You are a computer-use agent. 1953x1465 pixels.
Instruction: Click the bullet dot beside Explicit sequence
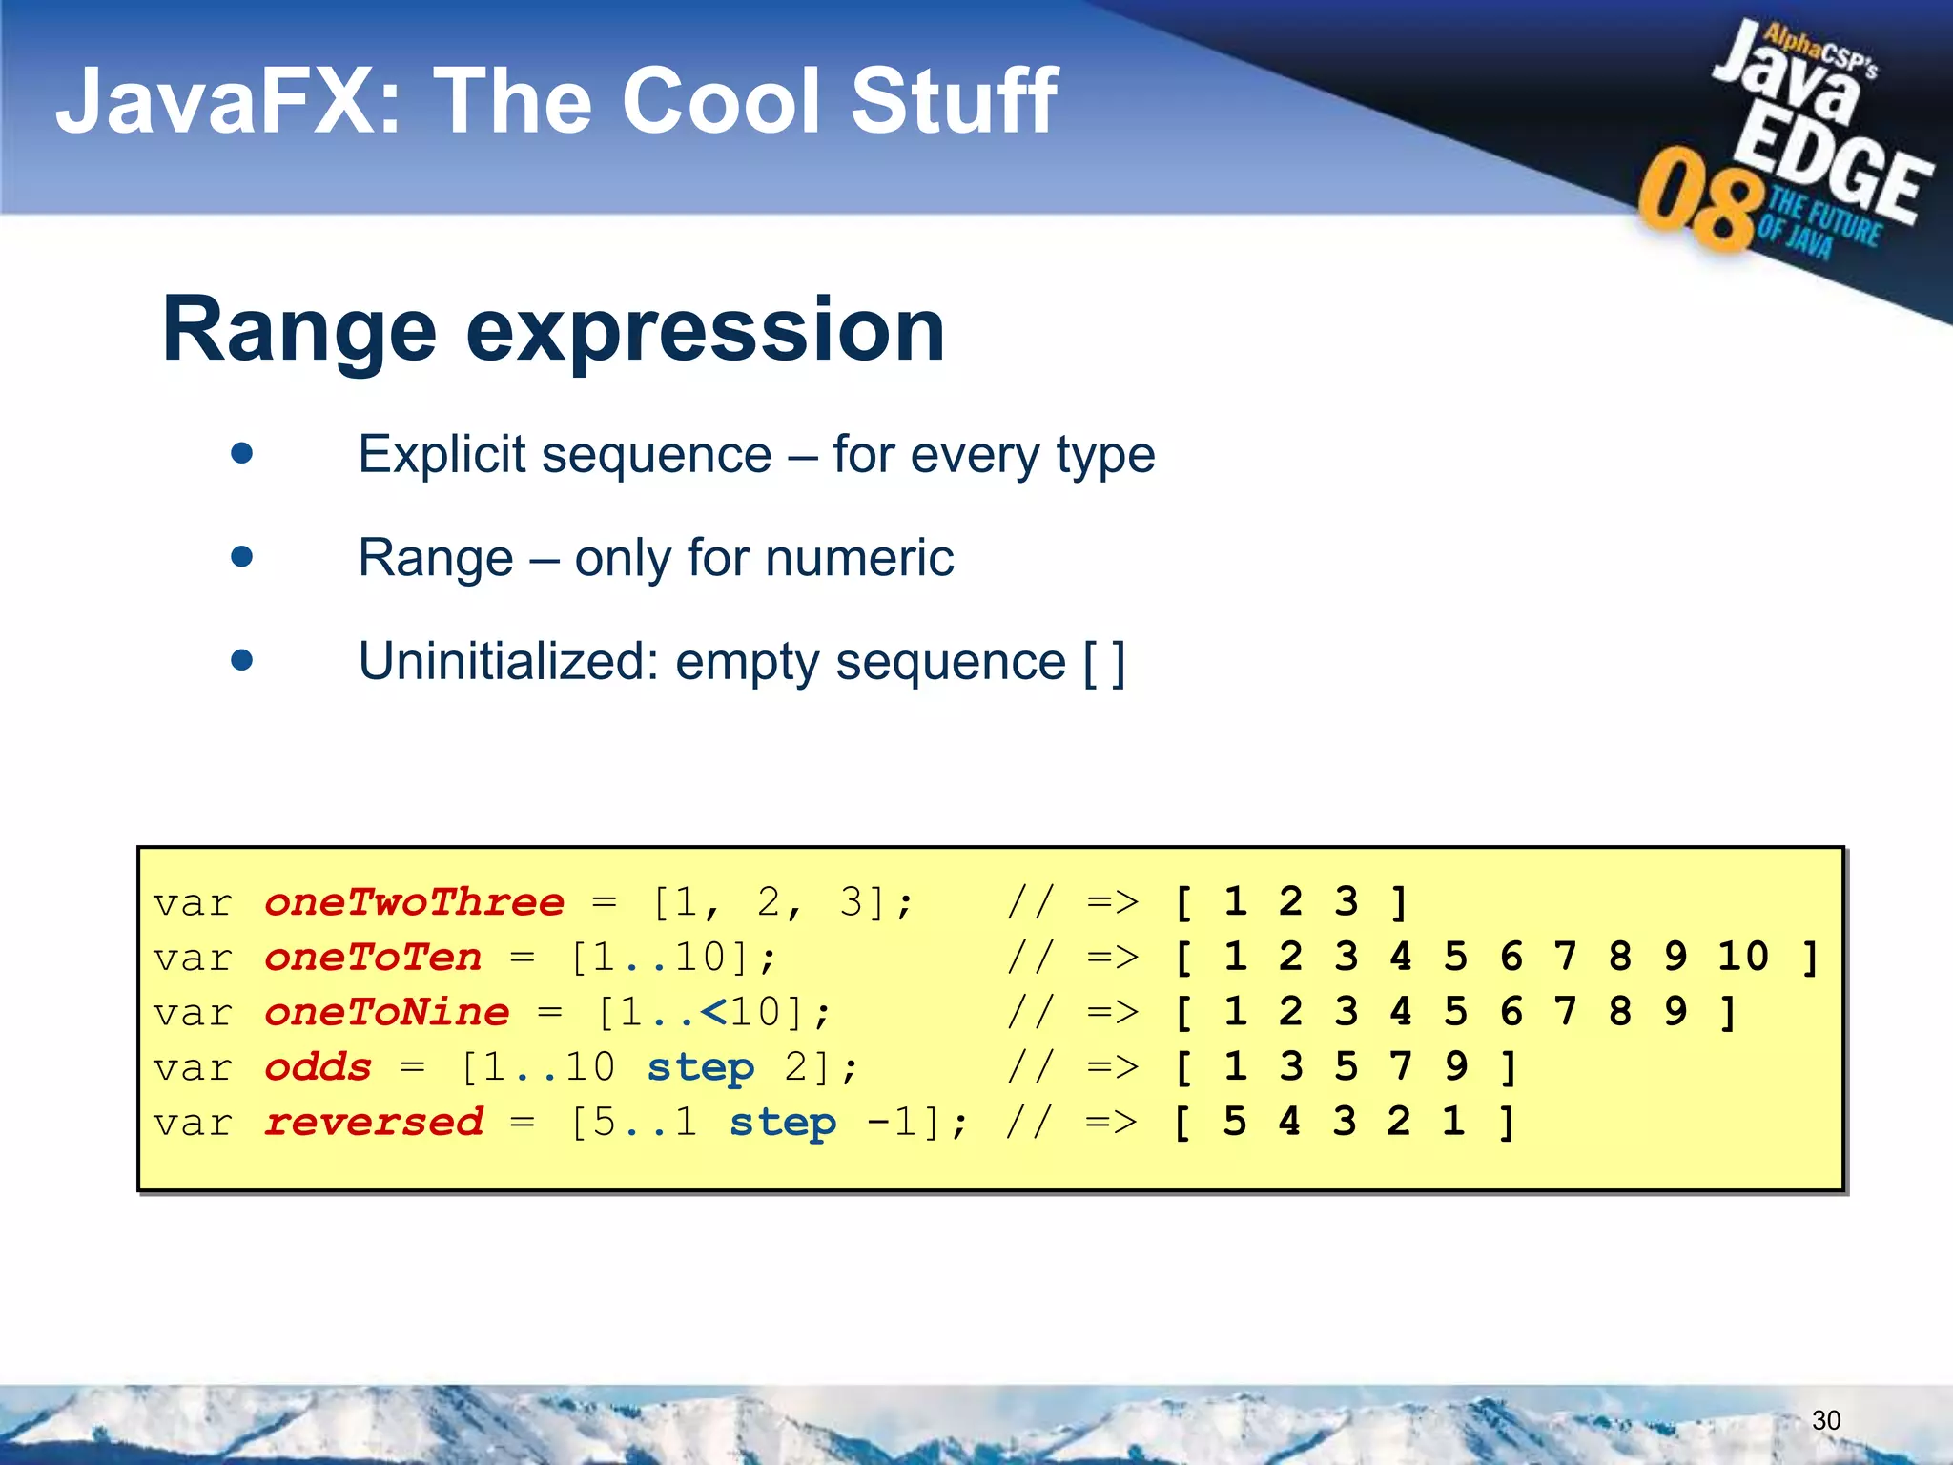click(242, 453)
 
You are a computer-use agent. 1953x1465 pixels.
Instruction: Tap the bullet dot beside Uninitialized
click(242, 660)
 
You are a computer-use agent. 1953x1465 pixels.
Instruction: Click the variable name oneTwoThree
click(414, 902)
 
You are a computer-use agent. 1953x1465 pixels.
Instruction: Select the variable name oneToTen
click(373, 957)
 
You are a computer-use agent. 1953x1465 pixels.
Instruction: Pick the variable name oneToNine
click(386, 1012)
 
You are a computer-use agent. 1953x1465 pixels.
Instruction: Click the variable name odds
click(318, 1067)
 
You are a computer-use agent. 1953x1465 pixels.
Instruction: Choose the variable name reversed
click(373, 1123)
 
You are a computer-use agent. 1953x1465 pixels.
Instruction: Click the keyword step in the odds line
click(701, 1068)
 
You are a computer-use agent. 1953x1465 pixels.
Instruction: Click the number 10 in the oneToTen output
click(1742, 957)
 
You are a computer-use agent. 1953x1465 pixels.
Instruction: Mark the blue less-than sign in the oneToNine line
click(714, 1012)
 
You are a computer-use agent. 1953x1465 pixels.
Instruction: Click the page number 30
click(1825, 1420)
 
